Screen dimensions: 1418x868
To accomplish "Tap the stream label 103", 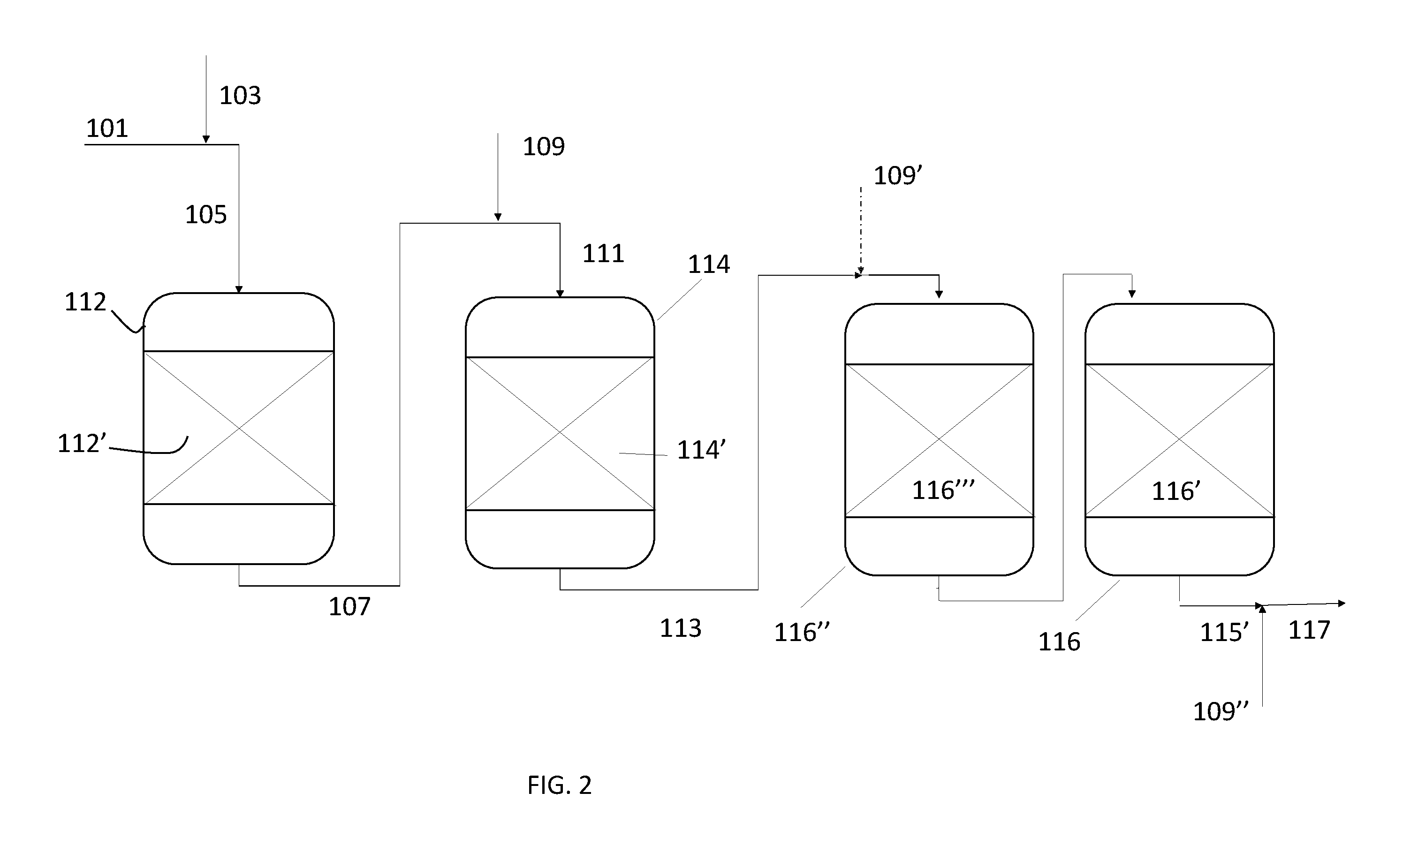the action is (240, 96).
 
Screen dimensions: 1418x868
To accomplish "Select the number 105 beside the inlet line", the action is (206, 215).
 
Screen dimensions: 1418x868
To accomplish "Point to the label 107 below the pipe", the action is (349, 607).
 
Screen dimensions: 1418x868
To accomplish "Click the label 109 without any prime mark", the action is (544, 147).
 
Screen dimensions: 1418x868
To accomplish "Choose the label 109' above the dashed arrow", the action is (898, 175).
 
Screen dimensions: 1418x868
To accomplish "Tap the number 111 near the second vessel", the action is (603, 254).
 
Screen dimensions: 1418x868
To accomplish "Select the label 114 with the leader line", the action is (709, 264).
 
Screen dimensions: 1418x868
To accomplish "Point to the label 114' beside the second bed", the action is (701, 450).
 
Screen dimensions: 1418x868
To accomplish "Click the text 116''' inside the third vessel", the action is (943, 491).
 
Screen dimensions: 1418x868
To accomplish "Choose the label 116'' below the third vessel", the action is (802, 633).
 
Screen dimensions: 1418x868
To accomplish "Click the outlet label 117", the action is (1309, 630).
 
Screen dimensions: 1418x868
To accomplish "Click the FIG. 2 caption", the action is (560, 785).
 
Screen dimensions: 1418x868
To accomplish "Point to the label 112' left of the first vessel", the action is (82, 444).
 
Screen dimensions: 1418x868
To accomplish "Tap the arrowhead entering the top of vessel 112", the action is (239, 289).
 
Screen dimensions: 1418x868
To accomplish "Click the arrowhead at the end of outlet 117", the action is (1342, 604).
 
